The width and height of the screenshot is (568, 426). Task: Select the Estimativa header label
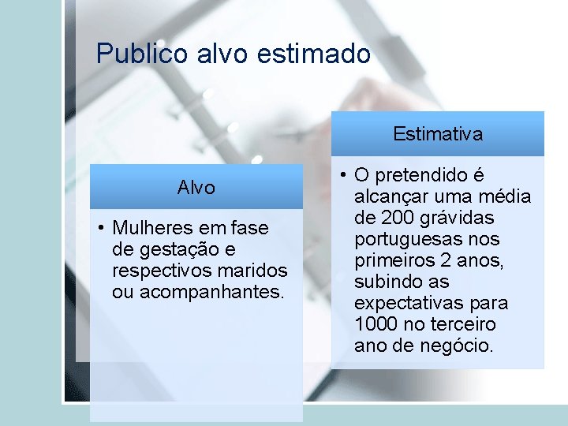[x=438, y=134]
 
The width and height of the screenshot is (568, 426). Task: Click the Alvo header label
[x=196, y=188]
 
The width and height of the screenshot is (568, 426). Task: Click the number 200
[x=396, y=218]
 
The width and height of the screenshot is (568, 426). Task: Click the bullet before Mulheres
[x=102, y=229]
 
